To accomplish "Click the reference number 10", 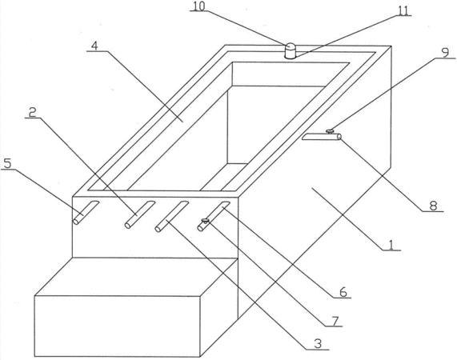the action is tap(199, 6).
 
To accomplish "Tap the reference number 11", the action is tap(403, 10).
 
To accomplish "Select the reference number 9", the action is tap(445, 53).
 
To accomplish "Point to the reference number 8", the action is tap(434, 206).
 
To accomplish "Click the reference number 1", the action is tap(391, 246).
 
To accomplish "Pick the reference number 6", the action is tap(343, 292).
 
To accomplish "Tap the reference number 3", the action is tap(318, 344).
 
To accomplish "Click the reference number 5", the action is tap(7, 163).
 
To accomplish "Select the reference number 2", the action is tap(32, 112).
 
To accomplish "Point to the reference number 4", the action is tap(94, 46).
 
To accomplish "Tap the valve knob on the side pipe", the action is tap(330, 131).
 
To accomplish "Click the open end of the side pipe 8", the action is tap(339, 137).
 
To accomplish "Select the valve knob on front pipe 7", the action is tap(205, 221).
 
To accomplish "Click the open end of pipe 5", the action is tap(75, 222).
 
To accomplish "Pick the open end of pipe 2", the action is tap(127, 225).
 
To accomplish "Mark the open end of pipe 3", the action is tap(158, 229).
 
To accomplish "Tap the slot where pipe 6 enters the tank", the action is tap(224, 205).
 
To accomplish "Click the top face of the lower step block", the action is tap(136, 277).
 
